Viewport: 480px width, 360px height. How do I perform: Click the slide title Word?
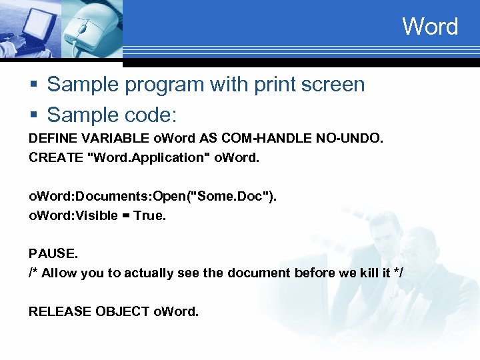point(430,27)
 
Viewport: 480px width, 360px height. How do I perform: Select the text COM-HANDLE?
point(261,139)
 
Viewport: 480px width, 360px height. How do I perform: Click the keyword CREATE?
point(52,158)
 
